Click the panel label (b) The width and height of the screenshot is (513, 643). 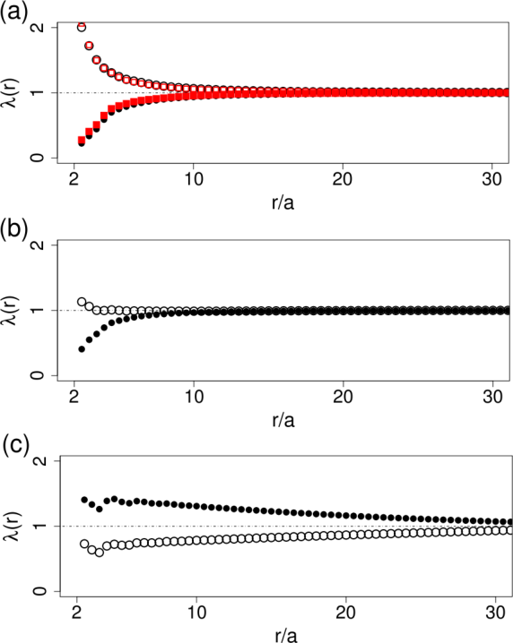pos(14,230)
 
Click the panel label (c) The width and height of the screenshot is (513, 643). pos(16,445)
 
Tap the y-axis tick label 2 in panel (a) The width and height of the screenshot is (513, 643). pos(38,28)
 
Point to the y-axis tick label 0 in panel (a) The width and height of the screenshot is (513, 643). pos(38,158)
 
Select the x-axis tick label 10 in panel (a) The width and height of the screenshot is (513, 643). pos(194,179)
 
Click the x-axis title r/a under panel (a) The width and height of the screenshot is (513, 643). pos(283,202)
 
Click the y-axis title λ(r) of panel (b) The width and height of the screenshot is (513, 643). pos(11,311)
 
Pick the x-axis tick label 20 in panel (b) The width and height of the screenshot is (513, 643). pos(343,397)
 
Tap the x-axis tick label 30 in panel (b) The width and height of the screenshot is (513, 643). pos(492,397)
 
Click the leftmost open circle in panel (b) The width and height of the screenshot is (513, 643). pos(82,302)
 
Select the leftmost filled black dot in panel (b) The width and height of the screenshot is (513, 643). pos(82,349)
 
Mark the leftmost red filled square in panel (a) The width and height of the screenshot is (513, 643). pos(82,141)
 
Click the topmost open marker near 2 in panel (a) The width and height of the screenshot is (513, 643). pos(82,27)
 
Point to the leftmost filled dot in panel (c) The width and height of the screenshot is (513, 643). pos(84,500)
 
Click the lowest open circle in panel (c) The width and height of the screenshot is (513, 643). pos(99,553)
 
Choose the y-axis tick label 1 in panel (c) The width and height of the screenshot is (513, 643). pos(40,526)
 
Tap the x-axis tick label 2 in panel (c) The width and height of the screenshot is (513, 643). pos(76,613)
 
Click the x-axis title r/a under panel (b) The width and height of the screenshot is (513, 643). pos(283,420)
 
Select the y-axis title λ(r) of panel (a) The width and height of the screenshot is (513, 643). pos(11,92)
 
